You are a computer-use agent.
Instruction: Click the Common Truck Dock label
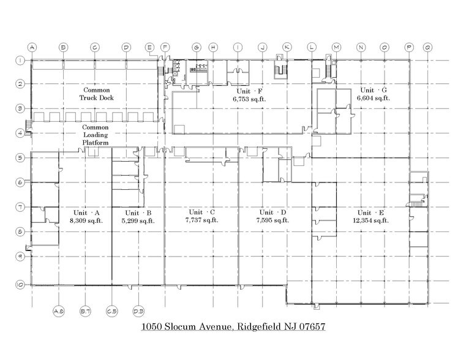coord(96,94)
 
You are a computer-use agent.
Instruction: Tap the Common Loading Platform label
coord(96,135)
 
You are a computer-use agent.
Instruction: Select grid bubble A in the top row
coord(32,47)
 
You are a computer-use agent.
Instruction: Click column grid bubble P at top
coord(409,47)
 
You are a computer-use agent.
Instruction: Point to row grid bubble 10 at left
coord(20,284)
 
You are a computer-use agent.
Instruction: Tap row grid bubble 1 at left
coord(20,60)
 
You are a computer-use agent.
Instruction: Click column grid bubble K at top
coord(287,47)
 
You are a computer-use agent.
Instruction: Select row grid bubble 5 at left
coord(20,157)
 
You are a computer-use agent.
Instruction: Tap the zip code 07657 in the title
coord(309,328)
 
